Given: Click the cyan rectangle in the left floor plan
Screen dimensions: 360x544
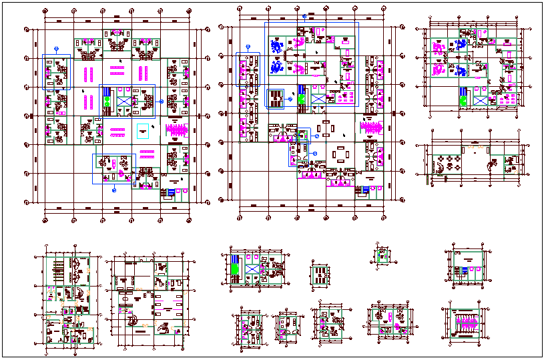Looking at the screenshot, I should click(x=142, y=130).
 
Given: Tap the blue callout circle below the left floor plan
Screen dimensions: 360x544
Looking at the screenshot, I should click(x=113, y=190).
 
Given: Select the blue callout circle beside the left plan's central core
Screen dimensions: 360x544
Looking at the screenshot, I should click(x=162, y=101).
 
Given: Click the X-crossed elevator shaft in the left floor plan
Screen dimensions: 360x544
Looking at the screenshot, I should click(x=125, y=101).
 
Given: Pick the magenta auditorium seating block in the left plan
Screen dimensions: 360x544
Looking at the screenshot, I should click(x=177, y=129).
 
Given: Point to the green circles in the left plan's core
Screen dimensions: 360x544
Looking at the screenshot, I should click(x=107, y=102).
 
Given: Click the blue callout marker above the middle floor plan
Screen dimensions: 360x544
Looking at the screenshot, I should click(x=304, y=16).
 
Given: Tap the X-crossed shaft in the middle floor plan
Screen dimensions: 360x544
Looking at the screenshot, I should click(x=318, y=98).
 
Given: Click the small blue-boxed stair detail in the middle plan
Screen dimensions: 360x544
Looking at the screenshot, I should click(x=275, y=98).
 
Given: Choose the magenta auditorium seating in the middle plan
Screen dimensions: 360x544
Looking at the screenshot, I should click(x=369, y=127).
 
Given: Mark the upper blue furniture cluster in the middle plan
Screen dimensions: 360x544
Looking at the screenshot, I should click(x=276, y=46).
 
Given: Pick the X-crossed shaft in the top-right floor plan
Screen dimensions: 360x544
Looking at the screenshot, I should click(x=479, y=100).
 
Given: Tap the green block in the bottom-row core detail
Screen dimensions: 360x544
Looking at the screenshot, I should click(x=236, y=268).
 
